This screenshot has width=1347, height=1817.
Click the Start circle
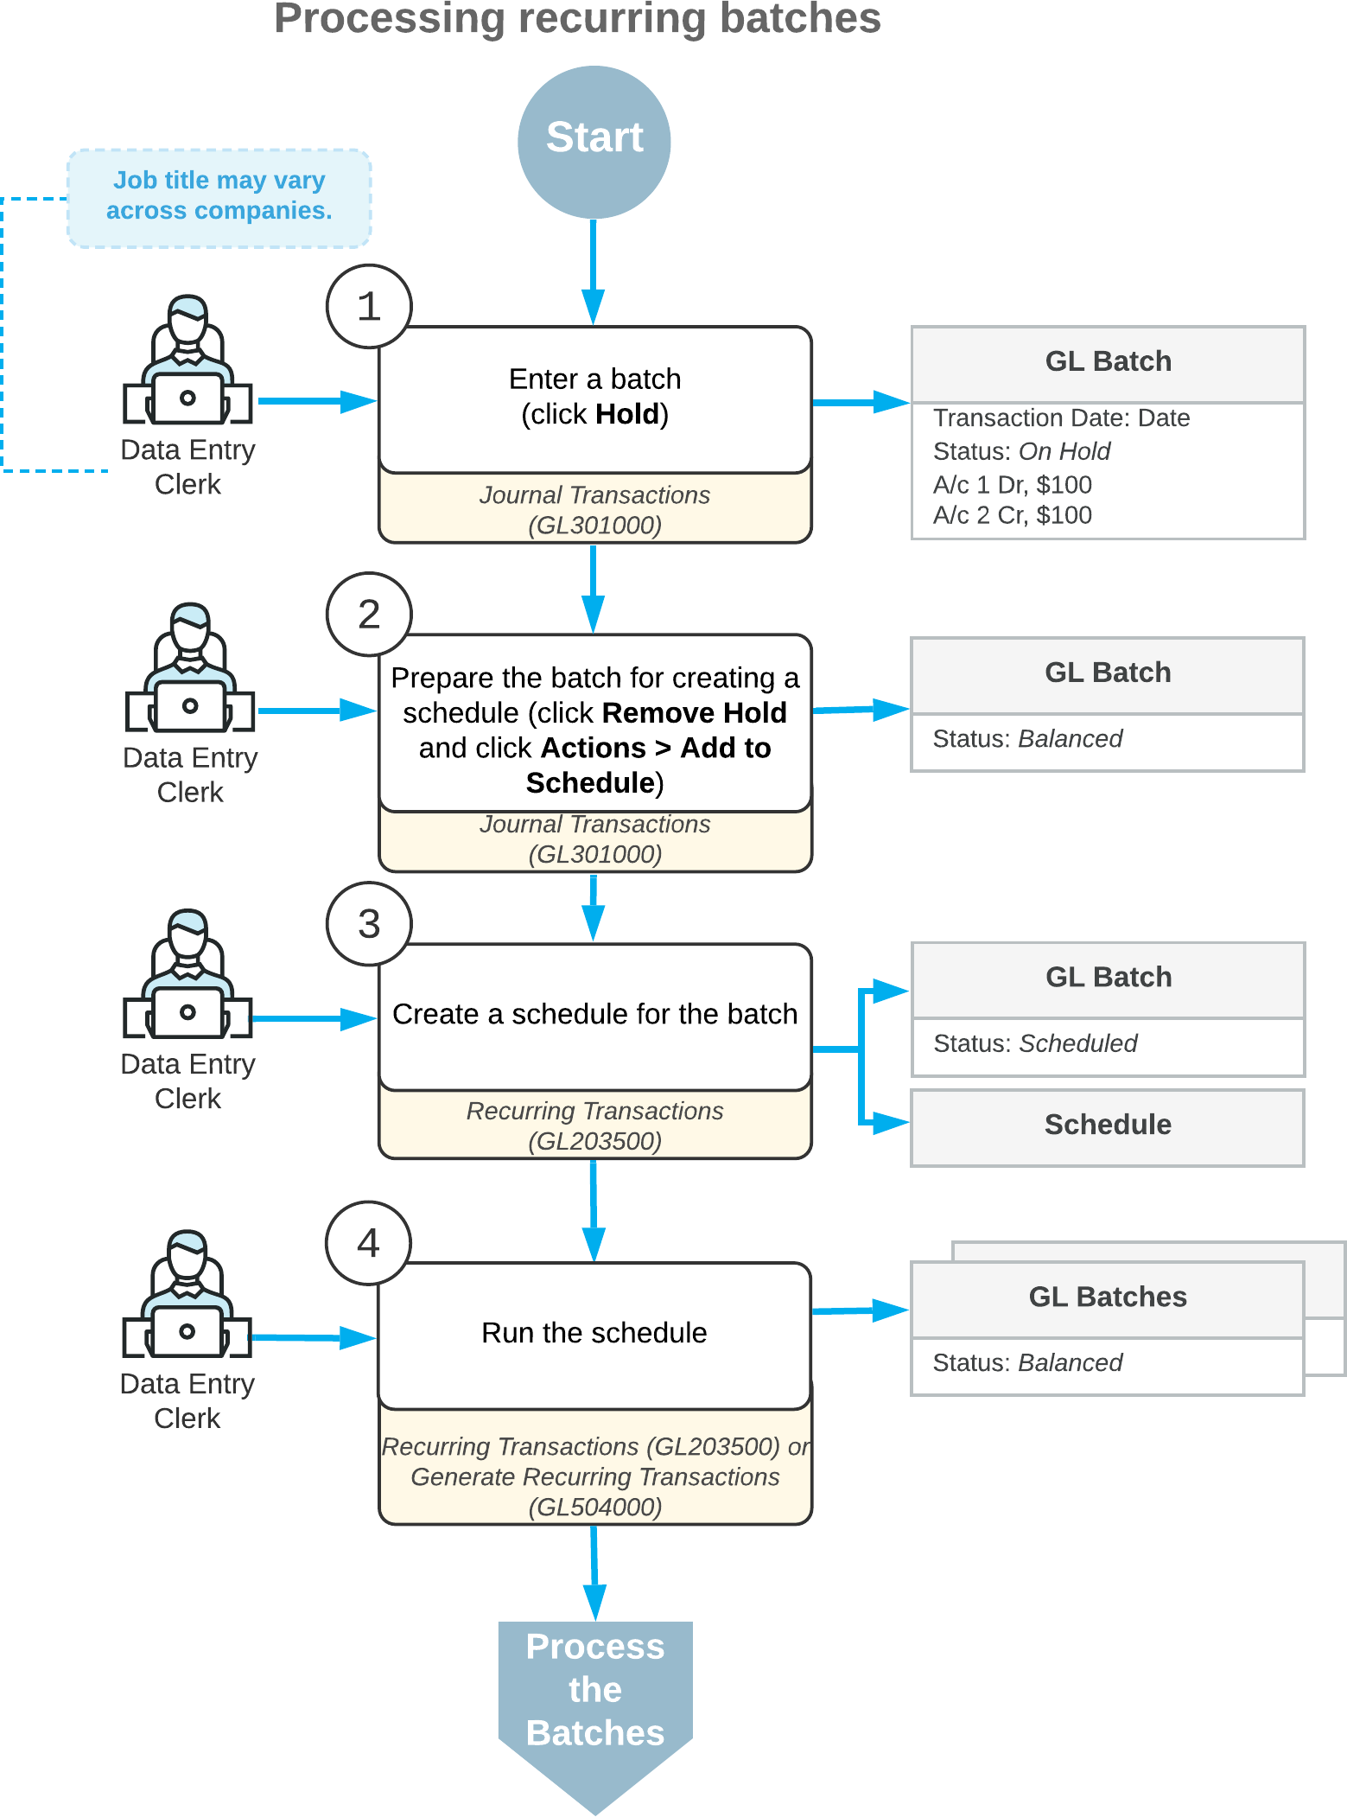pos(594,141)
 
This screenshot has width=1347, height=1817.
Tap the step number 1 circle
pos(369,307)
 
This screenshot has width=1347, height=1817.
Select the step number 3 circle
pos(369,923)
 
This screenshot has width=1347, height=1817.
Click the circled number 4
pos(369,1243)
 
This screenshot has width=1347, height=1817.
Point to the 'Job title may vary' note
pos(219,196)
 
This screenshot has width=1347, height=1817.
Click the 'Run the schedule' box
pos(594,1333)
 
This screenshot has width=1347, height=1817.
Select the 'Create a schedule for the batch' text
pos(594,1014)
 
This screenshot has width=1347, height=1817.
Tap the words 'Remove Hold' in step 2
pos(694,713)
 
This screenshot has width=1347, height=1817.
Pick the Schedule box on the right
pos(1108,1125)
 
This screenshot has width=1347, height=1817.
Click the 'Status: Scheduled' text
pos(1035,1043)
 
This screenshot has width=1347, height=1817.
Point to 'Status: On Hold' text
pos(1021,451)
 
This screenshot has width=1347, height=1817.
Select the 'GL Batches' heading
pos(1108,1297)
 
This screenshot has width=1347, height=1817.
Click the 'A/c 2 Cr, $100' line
pos(1013,515)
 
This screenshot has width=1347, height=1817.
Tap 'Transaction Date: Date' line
pos(1061,418)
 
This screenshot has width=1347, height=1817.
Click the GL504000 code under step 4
pos(594,1508)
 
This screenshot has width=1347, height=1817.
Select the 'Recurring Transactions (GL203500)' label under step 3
pos(594,1125)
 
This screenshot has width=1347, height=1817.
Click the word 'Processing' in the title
pos(389,19)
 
